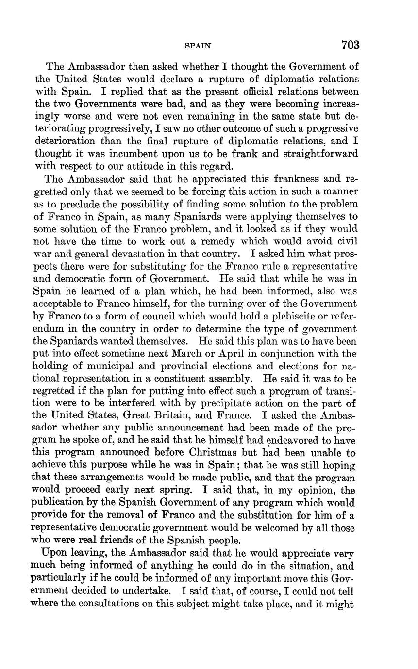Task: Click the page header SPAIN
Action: (199, 46)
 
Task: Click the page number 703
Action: (350, 45)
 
